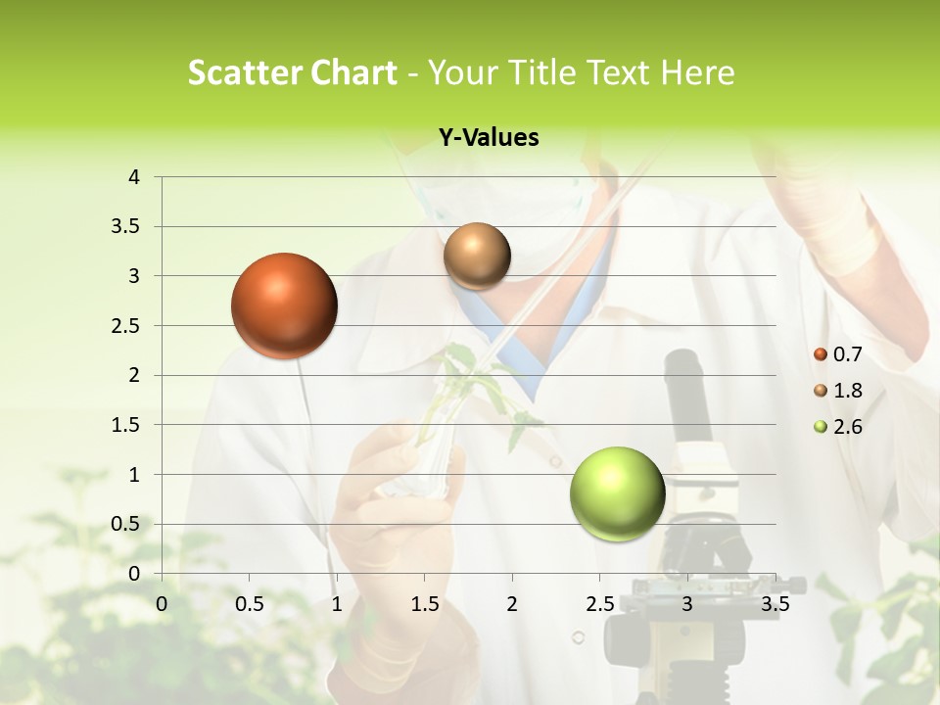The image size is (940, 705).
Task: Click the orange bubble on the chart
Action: pos(284,305)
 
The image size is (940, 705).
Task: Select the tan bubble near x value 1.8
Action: pos(477,256)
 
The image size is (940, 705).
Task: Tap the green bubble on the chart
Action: pos(617,494)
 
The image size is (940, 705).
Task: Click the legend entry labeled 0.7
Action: pos(838,354)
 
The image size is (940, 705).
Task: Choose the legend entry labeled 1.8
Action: pos(838,391)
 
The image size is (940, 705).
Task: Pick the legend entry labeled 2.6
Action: pos(838,427)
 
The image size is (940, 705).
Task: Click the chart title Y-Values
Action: pos(489,138)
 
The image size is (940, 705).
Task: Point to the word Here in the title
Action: pos(697,72)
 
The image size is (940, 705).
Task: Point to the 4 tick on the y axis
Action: pos(134,177)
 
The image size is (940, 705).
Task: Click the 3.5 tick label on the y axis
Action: pos(126,227)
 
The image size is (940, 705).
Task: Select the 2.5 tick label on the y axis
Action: pos(126,326)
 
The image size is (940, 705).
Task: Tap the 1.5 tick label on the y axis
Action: pos(126,425)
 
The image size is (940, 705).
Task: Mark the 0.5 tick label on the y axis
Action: pos(126,525)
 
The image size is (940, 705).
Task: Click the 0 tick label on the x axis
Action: pos(162,604)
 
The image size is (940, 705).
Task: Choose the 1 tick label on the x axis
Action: pos(337,604)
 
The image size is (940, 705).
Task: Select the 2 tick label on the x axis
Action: pos(512,604)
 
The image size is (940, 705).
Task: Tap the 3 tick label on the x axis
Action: pos(687,604)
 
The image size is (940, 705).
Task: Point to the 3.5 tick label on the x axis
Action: pos(775,604)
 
